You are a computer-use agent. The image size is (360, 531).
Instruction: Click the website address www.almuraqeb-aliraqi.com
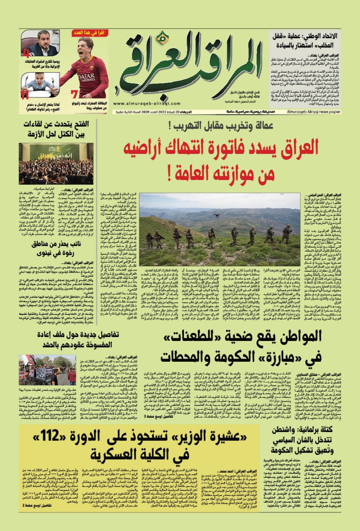click(x=141, y=104)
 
